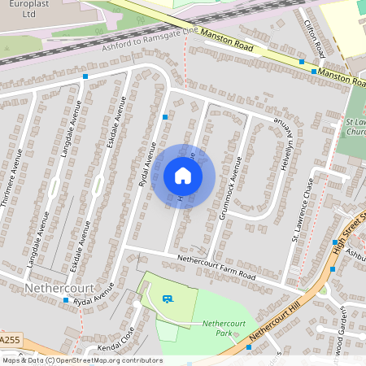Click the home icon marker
(x=183, y=176)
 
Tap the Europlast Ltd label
(x=18, y=9)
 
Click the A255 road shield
(x=10, y=340)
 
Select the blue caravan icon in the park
(x=168, y=299)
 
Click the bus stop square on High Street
(x=334, y=242)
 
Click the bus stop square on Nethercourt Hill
(x=247, y=346)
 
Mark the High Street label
(x=351, y=232)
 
